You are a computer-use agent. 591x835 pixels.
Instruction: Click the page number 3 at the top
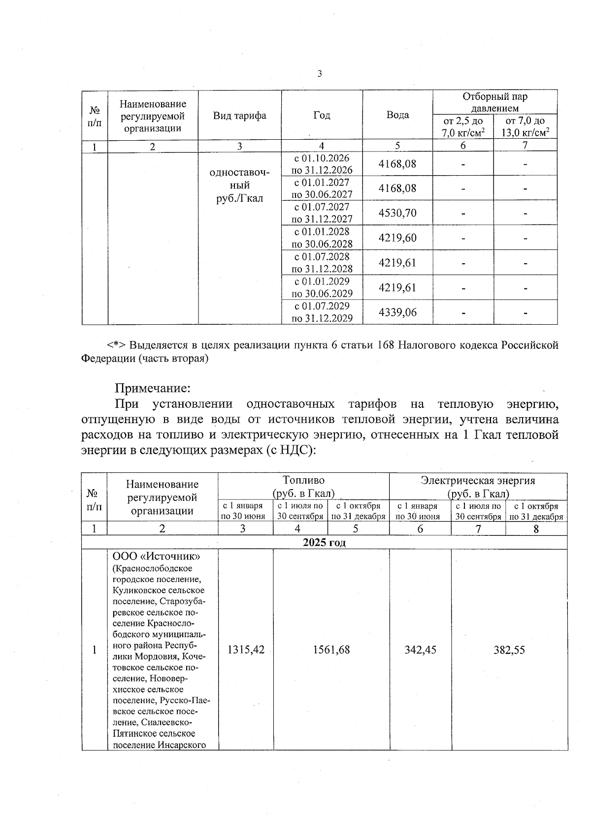pos(320,74)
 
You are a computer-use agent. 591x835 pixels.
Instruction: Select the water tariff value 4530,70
pos(397,213)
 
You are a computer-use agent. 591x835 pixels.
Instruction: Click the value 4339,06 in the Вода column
pos(397,312)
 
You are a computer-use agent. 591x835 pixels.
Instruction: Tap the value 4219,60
pos(397,238)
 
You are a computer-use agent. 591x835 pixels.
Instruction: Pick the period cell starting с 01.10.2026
pos(322,164)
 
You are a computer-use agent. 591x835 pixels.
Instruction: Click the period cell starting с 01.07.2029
pos(322,312)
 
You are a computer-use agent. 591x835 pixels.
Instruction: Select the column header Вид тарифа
pos(239,116)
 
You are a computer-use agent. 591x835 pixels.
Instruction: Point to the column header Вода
pos(397,115)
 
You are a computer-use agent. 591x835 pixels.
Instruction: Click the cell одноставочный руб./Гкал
pos(239,186)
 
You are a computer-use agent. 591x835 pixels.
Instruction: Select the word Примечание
pos(152,388)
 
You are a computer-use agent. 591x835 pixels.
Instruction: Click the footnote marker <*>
pos(117,345)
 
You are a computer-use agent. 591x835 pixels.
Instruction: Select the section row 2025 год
pos(324,542)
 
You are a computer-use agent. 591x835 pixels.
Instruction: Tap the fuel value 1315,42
pos(245,649)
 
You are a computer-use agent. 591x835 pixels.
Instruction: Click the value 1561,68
pos(331,649)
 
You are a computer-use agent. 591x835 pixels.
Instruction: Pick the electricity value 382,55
pos(509,649)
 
